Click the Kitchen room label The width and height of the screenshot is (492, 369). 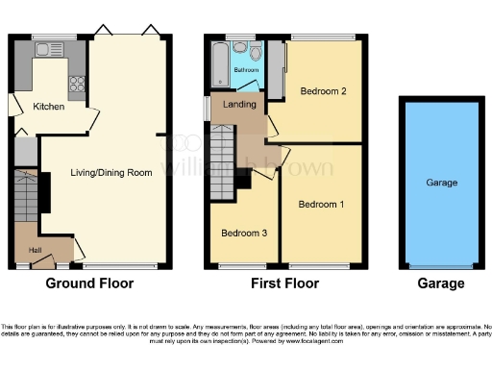[49, 106]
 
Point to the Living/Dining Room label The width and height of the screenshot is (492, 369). [111, 173]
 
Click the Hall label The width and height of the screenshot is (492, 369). [35, 250]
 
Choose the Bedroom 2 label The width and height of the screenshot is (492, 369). [324, 92]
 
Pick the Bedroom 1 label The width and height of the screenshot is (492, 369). [320, 205]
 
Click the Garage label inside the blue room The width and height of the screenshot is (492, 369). [441, 183]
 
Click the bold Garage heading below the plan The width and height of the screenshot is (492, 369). [441, 283]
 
